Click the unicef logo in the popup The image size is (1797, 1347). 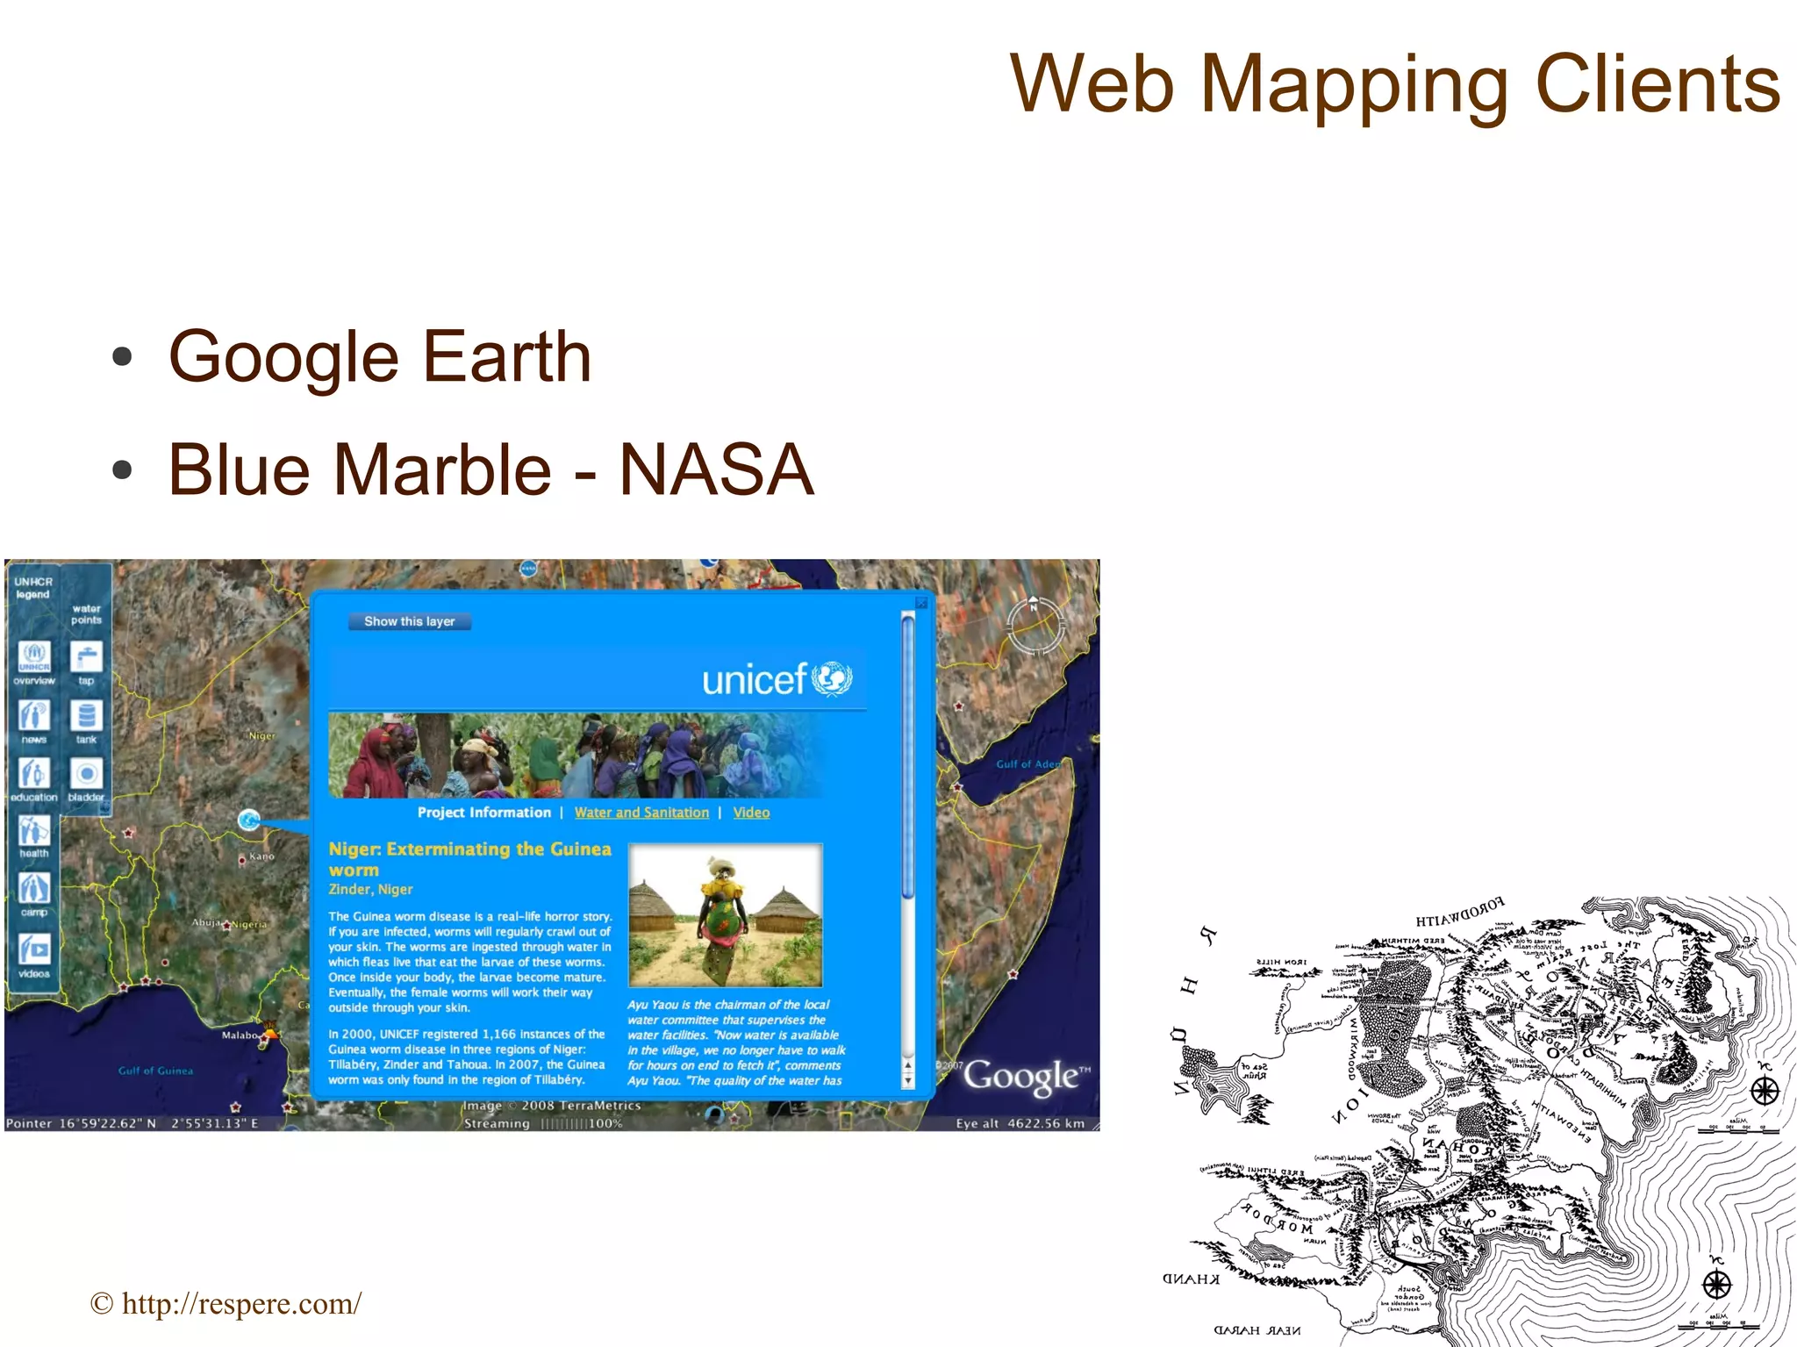(x=777, y=678)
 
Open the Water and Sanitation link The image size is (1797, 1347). (x=641, y=813)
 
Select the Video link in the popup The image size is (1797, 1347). (x=751, y=813)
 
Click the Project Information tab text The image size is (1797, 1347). (x=483, y=813)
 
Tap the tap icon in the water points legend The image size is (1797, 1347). (x=86, y=657)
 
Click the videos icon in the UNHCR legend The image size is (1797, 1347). (x=34, y=949)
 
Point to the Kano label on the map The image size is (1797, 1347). (x=261, y=856)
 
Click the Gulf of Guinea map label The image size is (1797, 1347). (x=155, y=1071)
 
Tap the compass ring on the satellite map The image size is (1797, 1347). (x=1035, y=625)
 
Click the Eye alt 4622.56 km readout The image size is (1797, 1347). (x=1020, y=1123)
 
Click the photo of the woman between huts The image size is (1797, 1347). (x=726, y=915)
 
